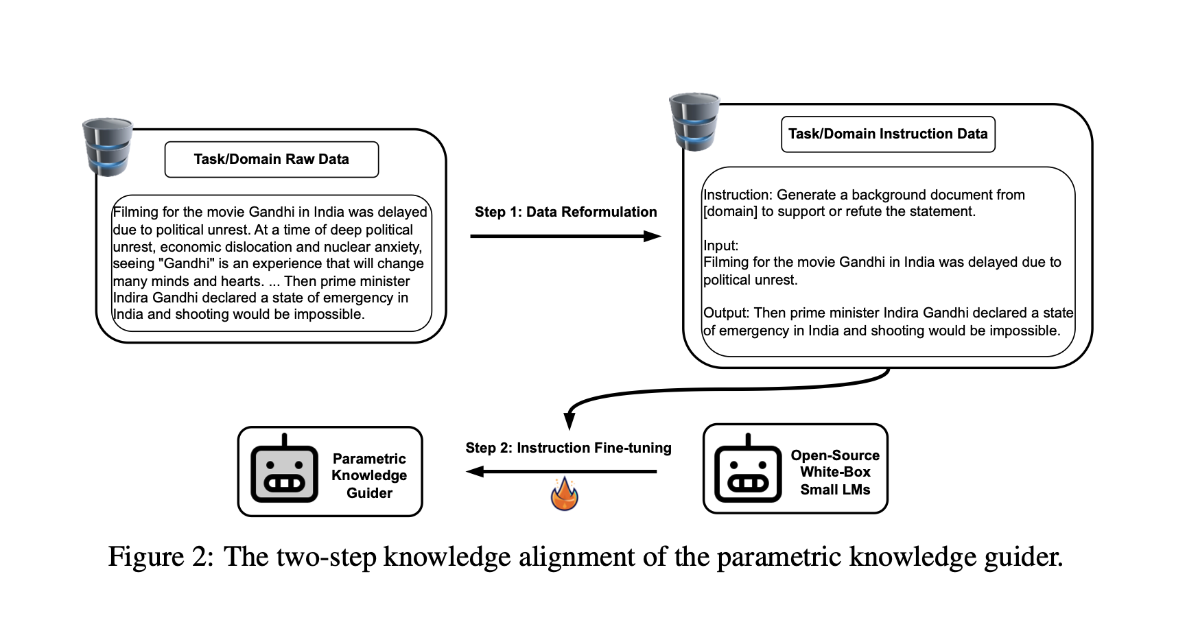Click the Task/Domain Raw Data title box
pos(271,159)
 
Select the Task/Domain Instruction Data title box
pos(887,134)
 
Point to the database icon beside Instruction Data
pos(694,122)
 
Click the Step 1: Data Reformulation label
pos(565,212)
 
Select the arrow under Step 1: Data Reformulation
pos(565,237)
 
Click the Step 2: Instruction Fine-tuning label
pos(568,448)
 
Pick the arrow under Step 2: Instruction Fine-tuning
pos(561,471)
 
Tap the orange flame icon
pos(565,494)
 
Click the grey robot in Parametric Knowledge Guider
pos(284,469)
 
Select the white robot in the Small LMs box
pos(748,469)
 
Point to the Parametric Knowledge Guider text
pos(369,475)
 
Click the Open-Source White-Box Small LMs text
pos(835,472)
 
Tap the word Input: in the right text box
pos(720,246)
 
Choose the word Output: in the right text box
pos(726,313)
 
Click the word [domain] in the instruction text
pos(730,212)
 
